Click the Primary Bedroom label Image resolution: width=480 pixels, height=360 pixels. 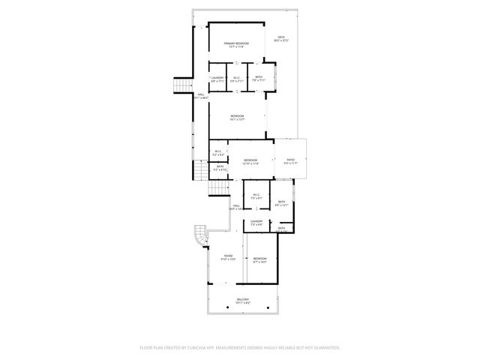pyautogui.click(x=236, y=45)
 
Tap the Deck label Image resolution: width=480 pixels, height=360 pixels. pyautogui.click(x=281, y=38)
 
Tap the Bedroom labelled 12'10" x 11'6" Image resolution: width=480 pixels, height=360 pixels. pyautogui.click(x=250, y=161)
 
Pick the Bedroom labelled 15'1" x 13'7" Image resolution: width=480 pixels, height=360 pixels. pyautogui.click(x=237, y=116)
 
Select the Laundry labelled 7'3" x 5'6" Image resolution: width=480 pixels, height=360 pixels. pyautogui.click(x=256, y=222)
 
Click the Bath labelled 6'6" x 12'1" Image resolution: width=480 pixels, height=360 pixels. pyautogui.click(x=282, y=202)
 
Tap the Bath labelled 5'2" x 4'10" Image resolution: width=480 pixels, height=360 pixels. pyautogui.click(x=220, y=168)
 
